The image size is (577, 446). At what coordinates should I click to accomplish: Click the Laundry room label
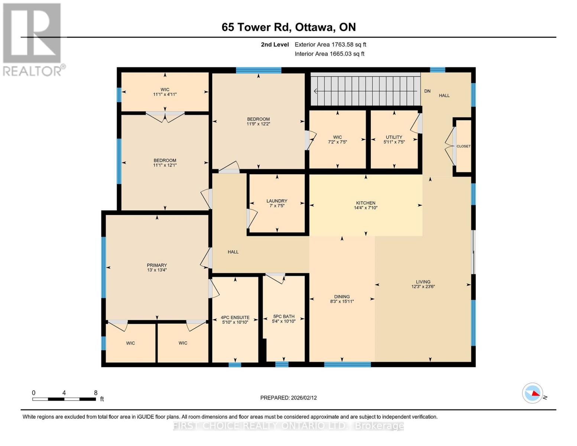click(x=277, y=201)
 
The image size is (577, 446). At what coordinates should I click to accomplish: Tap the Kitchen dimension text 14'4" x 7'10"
click(x=366, y=208)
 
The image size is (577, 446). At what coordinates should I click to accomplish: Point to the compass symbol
click(x=532, y=393)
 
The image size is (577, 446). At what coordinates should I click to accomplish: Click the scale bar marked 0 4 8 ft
click(x=64, y=399)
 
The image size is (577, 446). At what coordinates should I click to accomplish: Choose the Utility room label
click(x=394, y=137)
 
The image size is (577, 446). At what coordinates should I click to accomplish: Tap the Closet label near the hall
click(x=463, y=146)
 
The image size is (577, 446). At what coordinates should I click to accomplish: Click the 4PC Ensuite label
click(x=235, y=318)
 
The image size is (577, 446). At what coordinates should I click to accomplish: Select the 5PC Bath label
click(x=283, y=317)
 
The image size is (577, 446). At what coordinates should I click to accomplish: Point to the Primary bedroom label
click(x=157, y=265)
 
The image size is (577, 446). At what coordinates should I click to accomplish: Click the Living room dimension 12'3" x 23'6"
click(x=423, y=287)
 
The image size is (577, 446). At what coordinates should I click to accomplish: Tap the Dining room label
click(x=342, y=297)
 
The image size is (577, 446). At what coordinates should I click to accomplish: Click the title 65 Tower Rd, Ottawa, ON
click(x=289, y=27)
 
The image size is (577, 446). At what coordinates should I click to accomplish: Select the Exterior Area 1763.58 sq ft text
click(x=330, y=45)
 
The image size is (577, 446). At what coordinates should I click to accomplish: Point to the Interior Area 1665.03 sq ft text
click(x=329, y=54)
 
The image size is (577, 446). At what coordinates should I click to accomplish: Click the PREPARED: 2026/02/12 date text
click(x=288, y=398)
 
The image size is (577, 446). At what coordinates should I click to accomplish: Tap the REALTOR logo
click(x=33, y=39)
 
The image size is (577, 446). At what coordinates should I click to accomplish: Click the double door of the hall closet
click(x=452, y=146)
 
